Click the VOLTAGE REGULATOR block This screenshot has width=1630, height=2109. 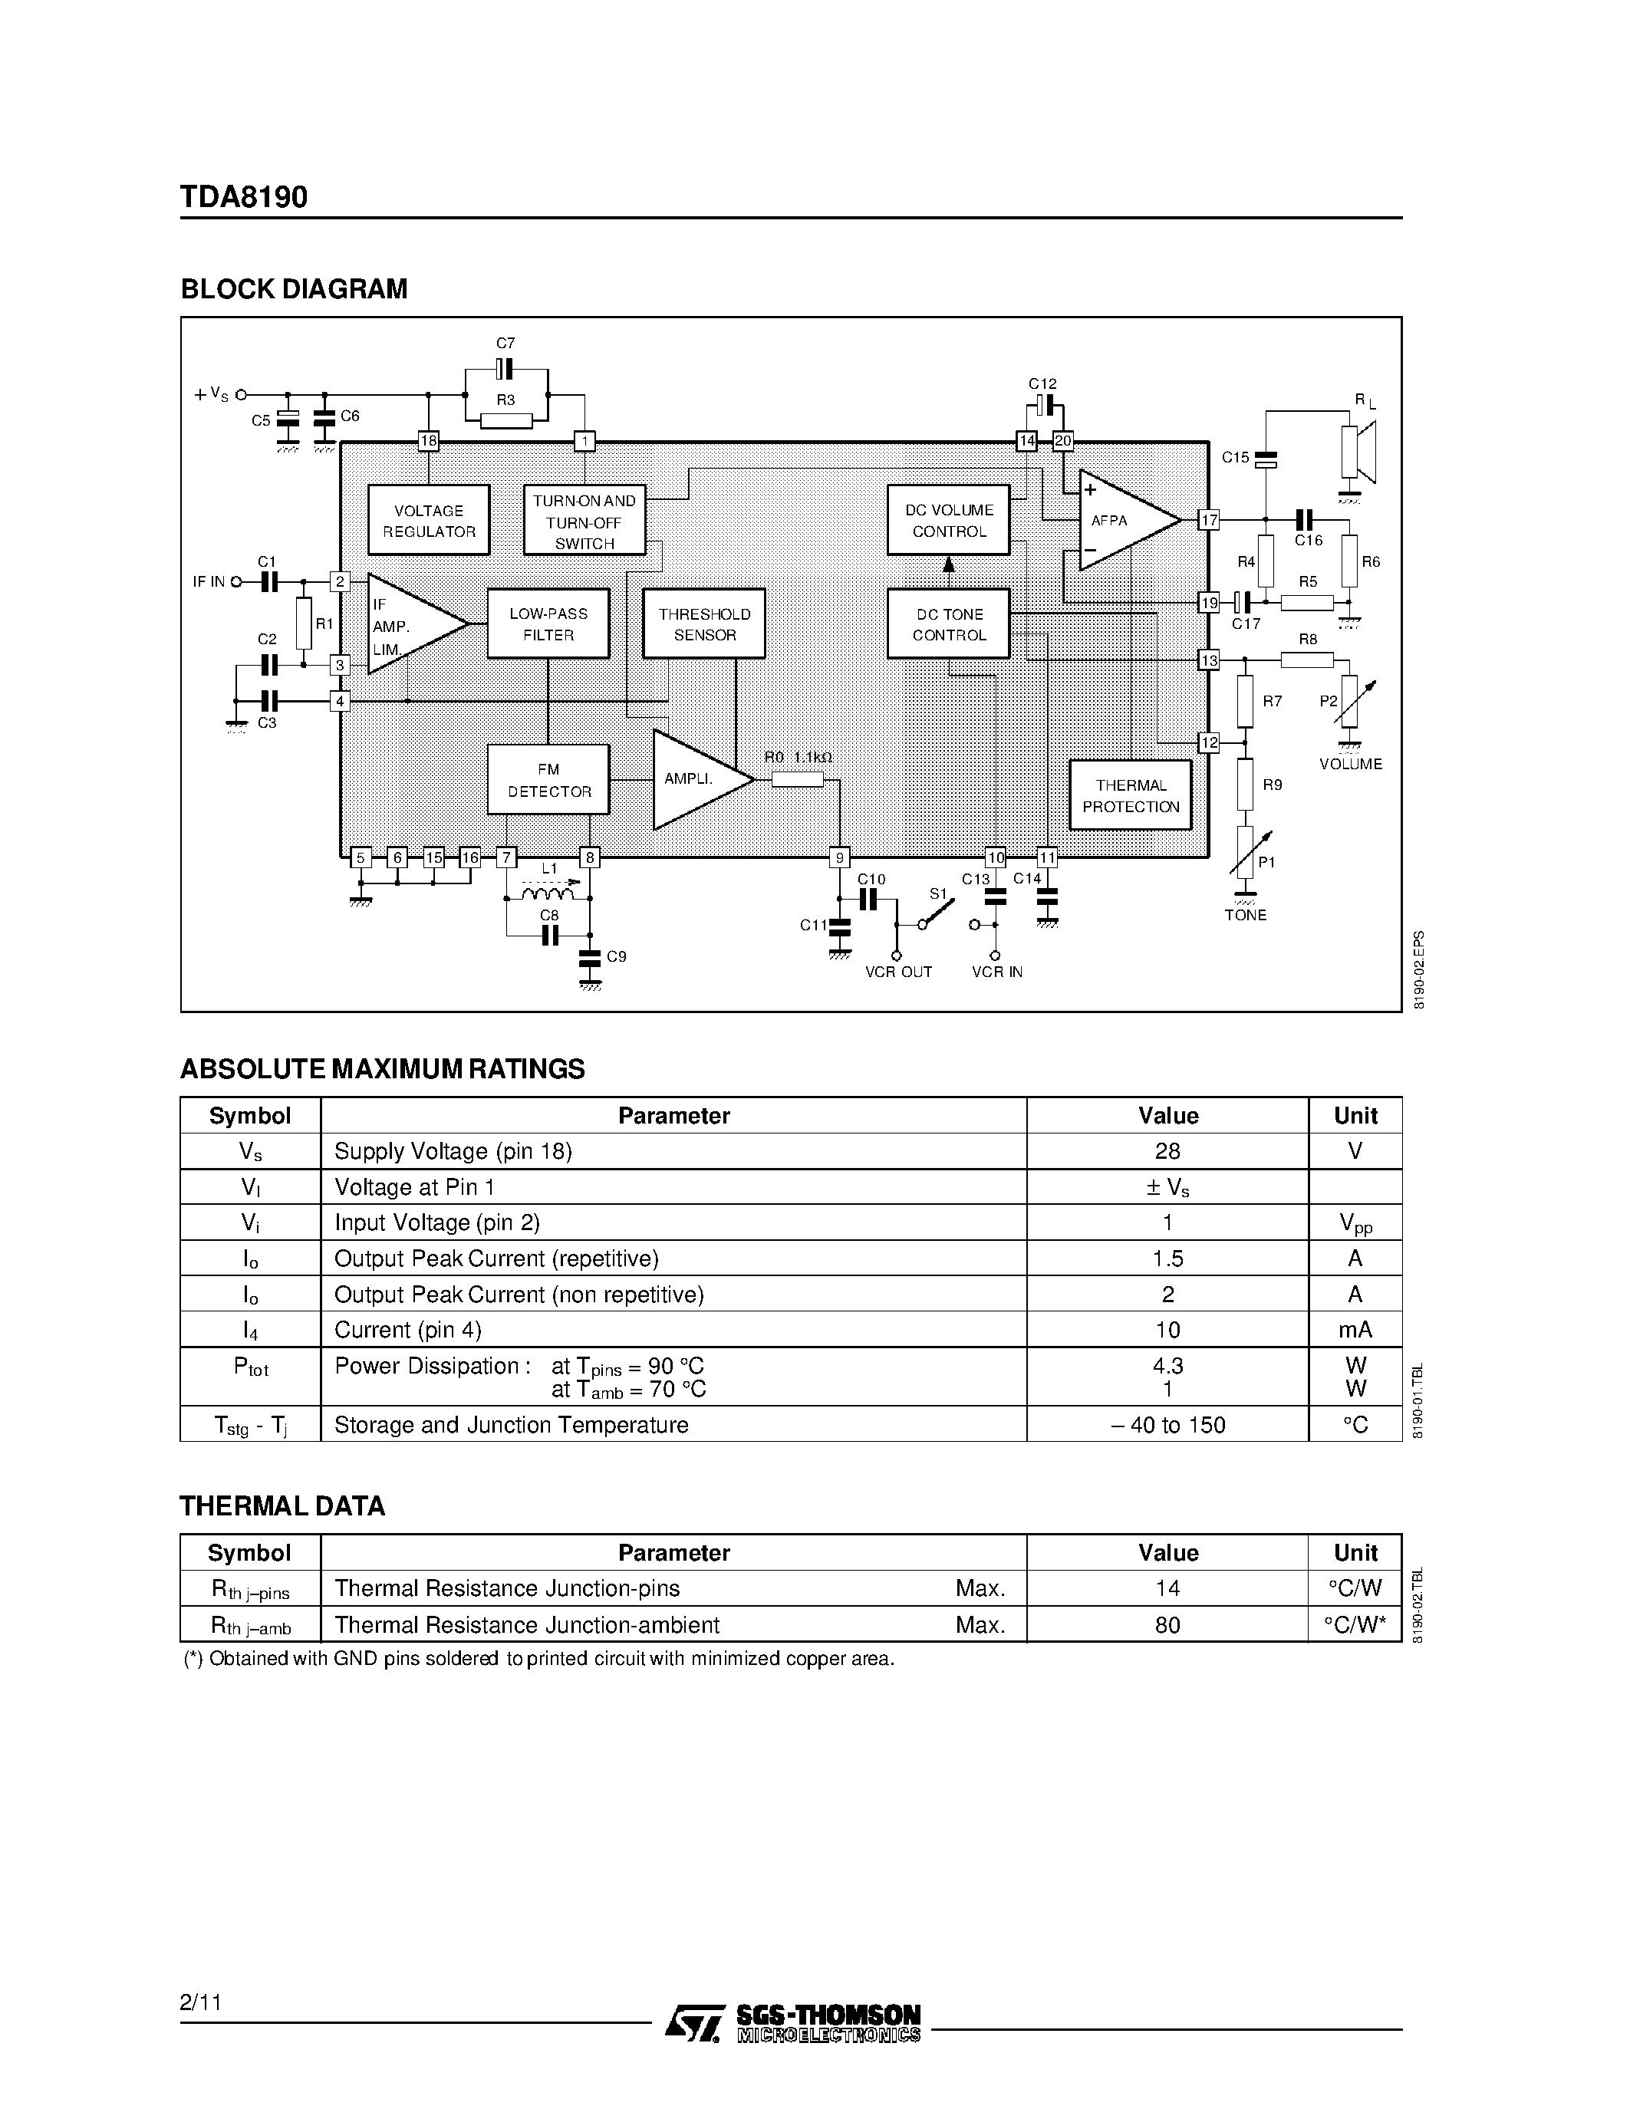coord(429,521)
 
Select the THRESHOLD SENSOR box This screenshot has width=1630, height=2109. coord(704,623)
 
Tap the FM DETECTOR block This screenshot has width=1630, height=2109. coord(548,780)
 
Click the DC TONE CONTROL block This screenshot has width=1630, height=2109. coord(948,623)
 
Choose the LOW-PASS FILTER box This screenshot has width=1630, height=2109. coord(548,623)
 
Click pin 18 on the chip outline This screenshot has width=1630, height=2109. coord(429,441)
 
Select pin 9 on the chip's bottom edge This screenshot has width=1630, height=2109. coord(840,857)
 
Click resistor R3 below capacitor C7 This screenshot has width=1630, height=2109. coord(506,420)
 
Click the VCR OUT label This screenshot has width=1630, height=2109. coord(898,972)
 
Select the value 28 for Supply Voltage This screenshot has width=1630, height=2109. coord(1167,1151)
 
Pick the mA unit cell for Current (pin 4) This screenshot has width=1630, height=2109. coord(1355,1330)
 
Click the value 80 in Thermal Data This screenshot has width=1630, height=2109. coord(1167,1625)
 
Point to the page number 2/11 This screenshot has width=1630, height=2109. coord(201,2002)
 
